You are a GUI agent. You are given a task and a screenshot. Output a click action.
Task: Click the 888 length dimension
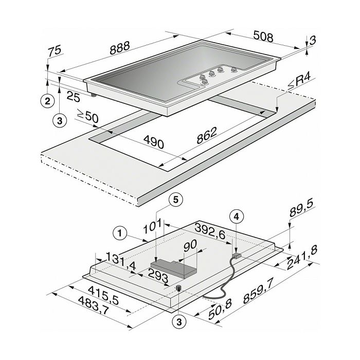click(x=120, y=48)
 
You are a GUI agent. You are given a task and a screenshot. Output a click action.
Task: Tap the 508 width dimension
click(x=263, y=37)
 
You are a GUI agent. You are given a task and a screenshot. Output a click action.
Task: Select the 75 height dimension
click(x=55, y=50)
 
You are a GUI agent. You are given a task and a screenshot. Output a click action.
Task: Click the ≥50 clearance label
click(x=88, y=116)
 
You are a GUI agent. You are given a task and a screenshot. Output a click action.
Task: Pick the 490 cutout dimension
click(x=154, y=142)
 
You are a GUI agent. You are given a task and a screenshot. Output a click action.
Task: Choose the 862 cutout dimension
click(x=207, y=135)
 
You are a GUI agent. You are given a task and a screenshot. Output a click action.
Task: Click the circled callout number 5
click(x=176, y=200)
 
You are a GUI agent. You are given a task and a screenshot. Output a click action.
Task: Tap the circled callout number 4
click(x=237, y=217)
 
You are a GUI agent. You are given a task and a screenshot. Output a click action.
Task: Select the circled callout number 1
click(x=120, y=233)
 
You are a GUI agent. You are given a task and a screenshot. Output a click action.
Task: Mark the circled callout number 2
click(x=47, y=101)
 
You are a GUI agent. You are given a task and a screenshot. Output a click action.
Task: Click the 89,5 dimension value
click(x=301, y=209)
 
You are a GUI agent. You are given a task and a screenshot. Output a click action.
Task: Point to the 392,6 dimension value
click(x=210, y=230)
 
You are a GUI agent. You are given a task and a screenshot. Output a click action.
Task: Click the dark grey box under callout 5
click(x=174, y=268)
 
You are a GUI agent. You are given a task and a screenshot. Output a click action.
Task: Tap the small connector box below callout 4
click(x=237, y=256)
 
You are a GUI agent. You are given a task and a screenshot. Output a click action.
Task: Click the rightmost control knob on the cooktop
click(x=233, y=69)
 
